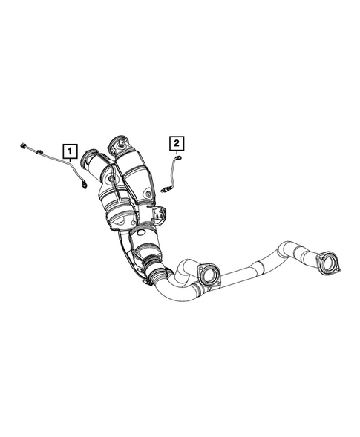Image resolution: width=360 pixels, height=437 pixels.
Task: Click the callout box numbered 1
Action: click(x=69, y=154)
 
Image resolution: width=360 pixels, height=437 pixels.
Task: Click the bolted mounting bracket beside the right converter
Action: click(x=158, y=215)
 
